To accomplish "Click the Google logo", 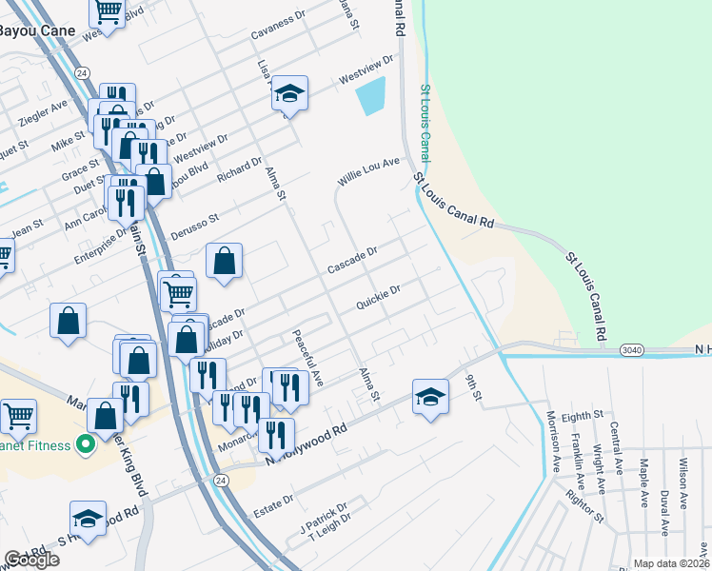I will [x=31, y=560].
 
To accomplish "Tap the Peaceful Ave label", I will [x=308, y=357].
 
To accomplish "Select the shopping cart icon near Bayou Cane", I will [x=108, y=12].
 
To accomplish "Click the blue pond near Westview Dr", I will [x=370, y=96].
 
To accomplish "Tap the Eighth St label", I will [x=583, y=416].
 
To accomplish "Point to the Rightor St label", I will [x=585, y=504].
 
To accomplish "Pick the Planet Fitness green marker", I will [x=86, y=444].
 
